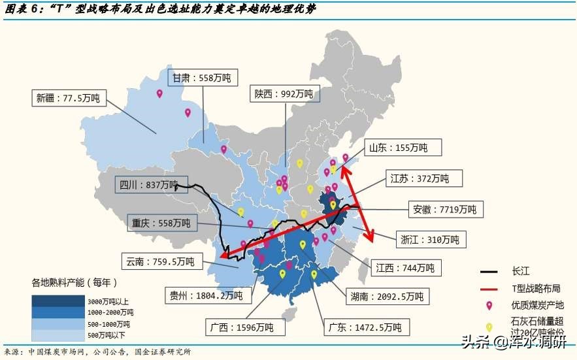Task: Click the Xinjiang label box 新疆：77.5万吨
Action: pos(68,99)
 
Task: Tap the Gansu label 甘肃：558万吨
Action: pos(201,78)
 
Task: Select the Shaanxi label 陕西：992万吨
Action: pos(284,94)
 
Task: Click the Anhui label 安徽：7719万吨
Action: pos(448,210)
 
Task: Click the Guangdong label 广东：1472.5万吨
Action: pos(366,327)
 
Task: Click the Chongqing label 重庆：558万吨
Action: pos(161,223)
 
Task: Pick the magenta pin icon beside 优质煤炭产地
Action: pos(488,305)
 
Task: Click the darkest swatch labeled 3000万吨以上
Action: pos(59,301)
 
